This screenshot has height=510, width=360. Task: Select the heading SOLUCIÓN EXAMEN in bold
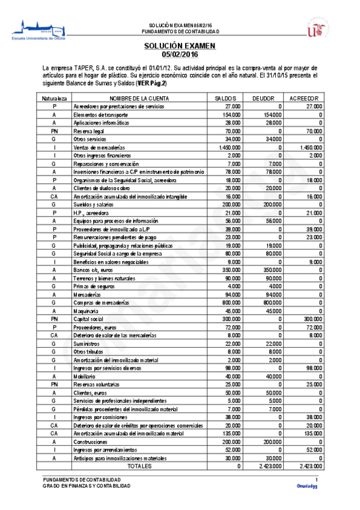coord(179,46)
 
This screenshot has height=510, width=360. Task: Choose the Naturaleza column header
coord(54,97)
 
